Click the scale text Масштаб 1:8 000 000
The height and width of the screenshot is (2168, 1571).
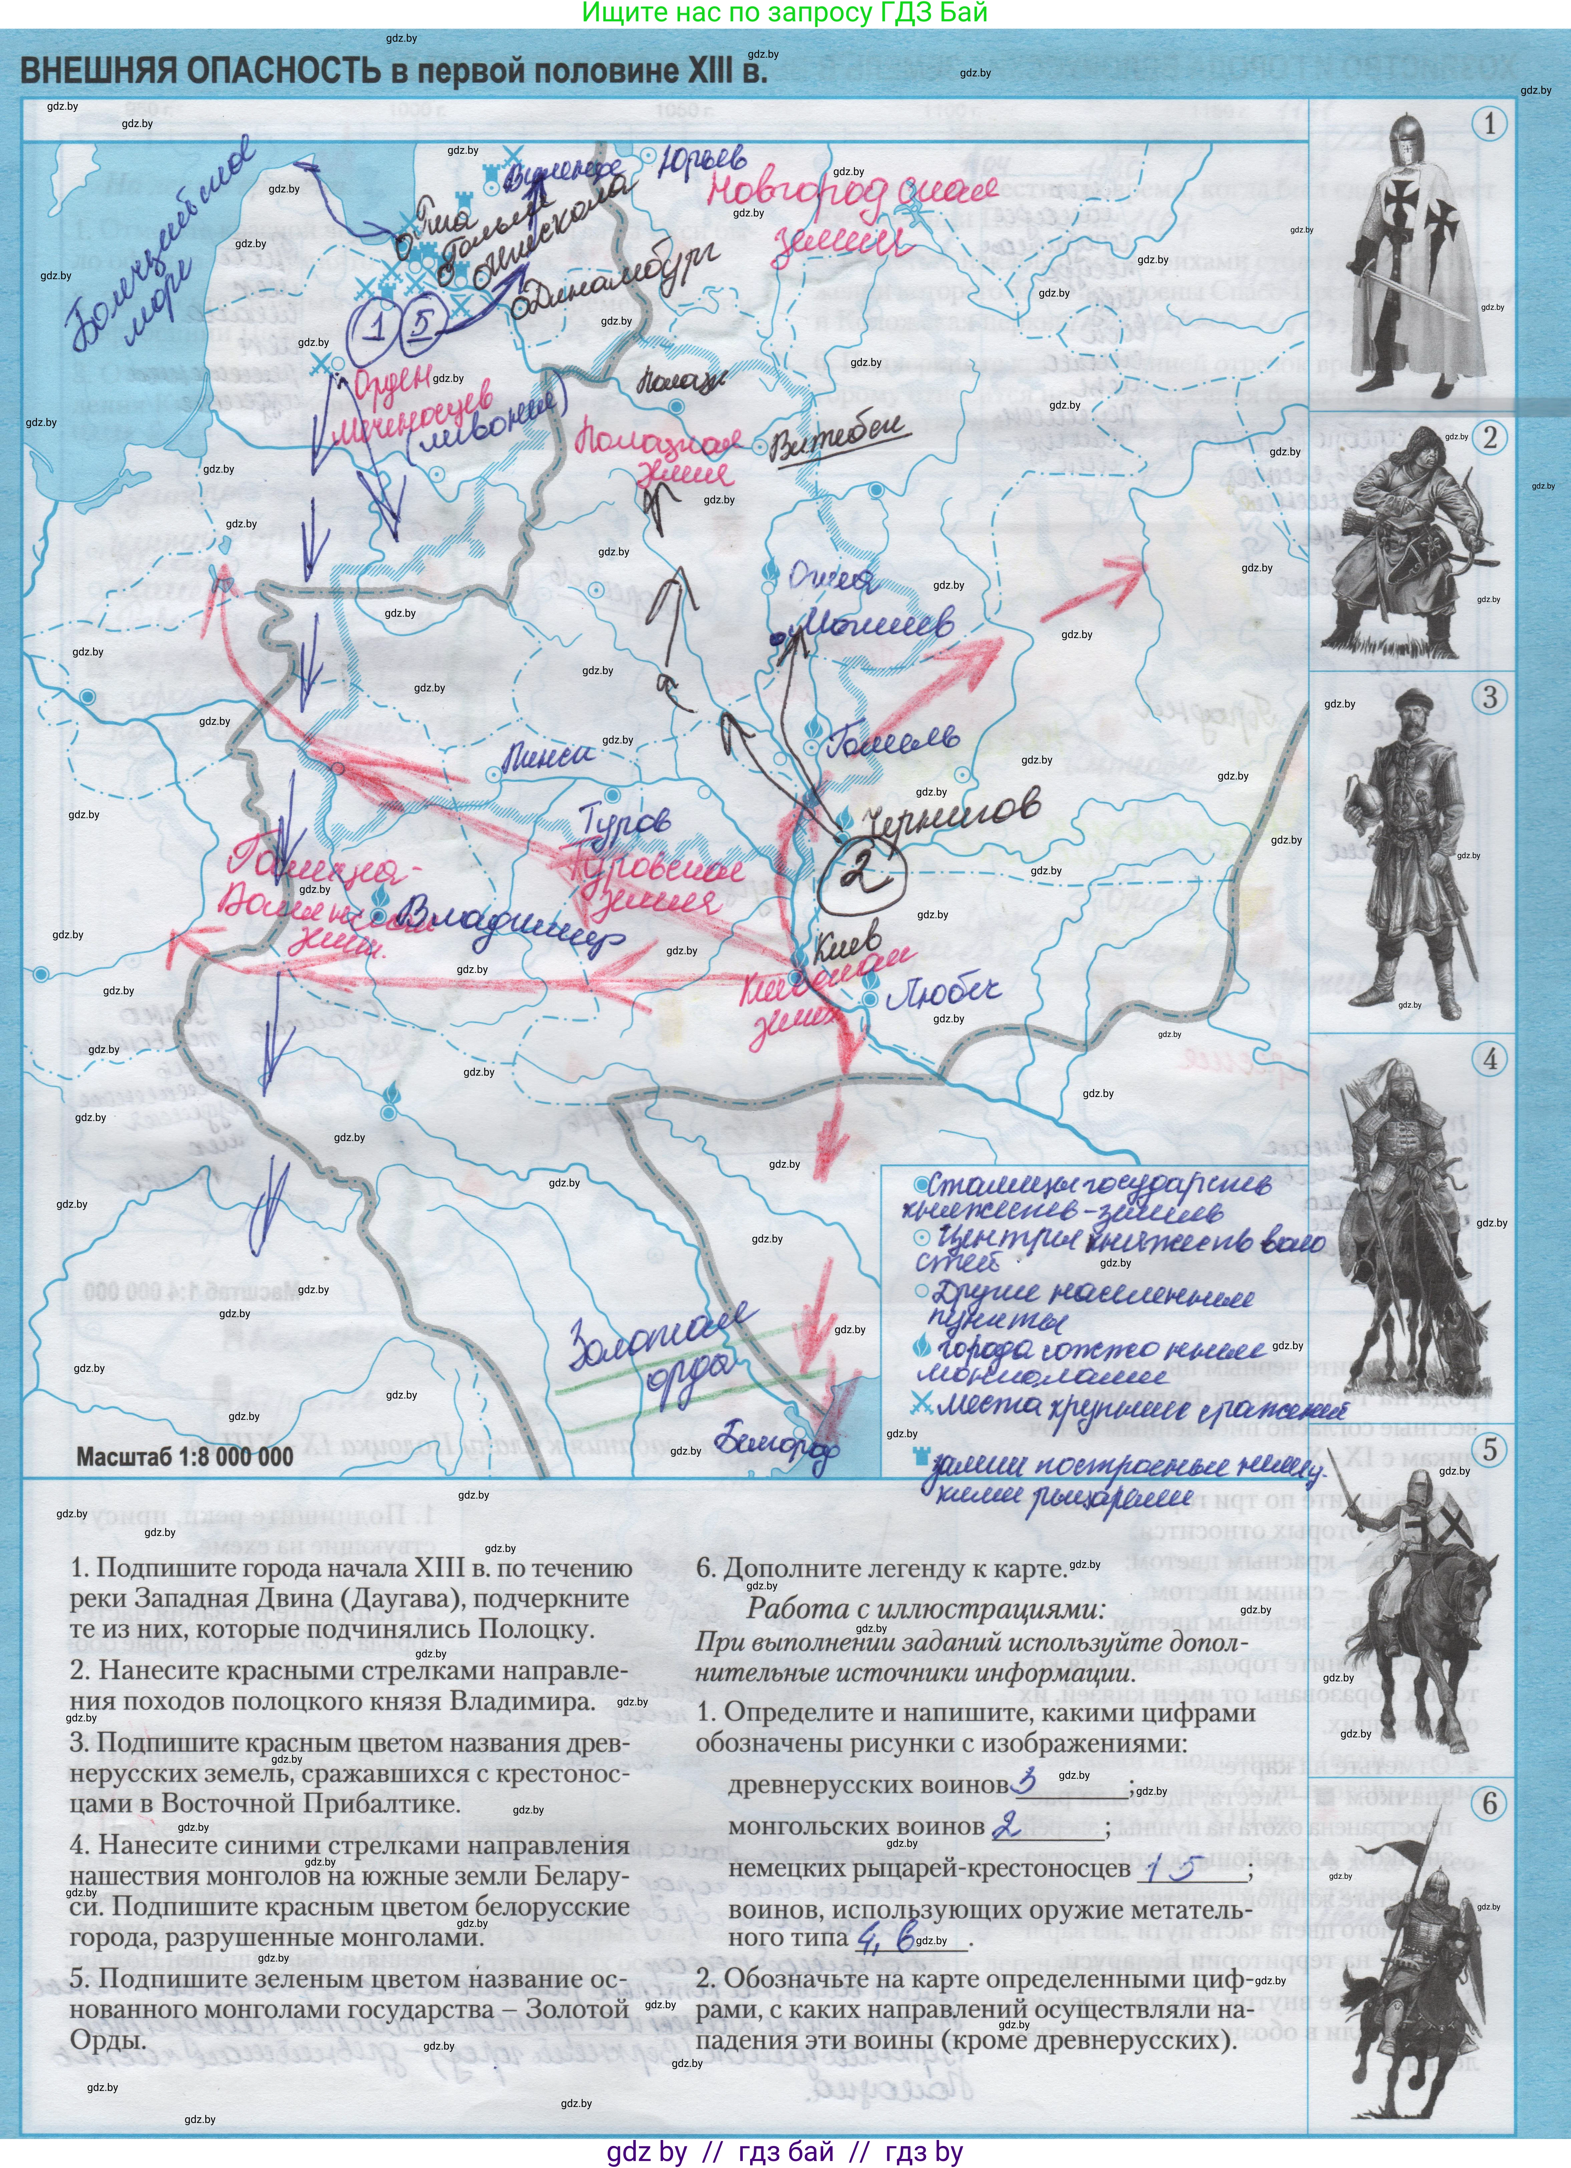(185, 1457)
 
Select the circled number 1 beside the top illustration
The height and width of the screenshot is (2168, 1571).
(1489, 123)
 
